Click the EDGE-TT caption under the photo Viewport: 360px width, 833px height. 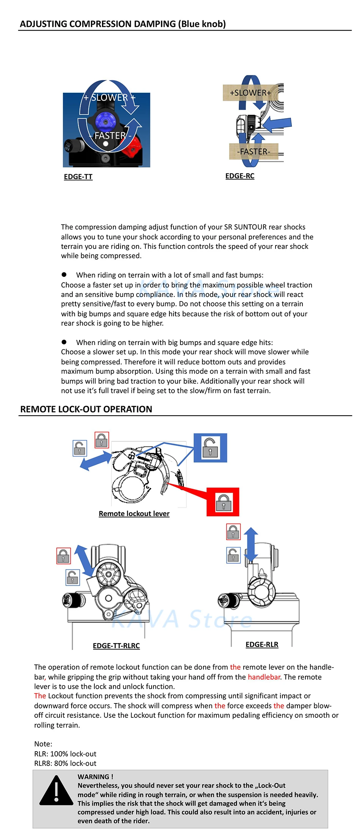click(78, 177)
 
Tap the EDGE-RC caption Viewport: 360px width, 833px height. click(239, 176)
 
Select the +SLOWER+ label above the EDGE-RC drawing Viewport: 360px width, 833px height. click(250, 93)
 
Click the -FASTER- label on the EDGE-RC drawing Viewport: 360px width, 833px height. click(254, 152)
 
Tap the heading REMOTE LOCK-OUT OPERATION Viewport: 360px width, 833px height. click(86, 409)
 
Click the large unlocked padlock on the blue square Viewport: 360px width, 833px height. click(210, 448)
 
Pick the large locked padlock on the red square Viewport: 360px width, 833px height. click(223, 502)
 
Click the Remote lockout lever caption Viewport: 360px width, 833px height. click(134, 514)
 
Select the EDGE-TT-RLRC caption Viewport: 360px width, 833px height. click(116, 646)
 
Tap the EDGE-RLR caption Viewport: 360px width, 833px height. click(262, 645)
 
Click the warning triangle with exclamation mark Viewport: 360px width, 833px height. click(56, 792)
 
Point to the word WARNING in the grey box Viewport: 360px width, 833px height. click(93, 777)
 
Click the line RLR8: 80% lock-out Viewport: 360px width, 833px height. click(65, 763)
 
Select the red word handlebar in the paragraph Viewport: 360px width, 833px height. click(264, 677)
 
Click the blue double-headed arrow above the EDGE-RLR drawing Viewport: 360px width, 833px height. click(251, 544)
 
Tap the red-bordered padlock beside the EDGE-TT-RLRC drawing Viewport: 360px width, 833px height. click(63, 556)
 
